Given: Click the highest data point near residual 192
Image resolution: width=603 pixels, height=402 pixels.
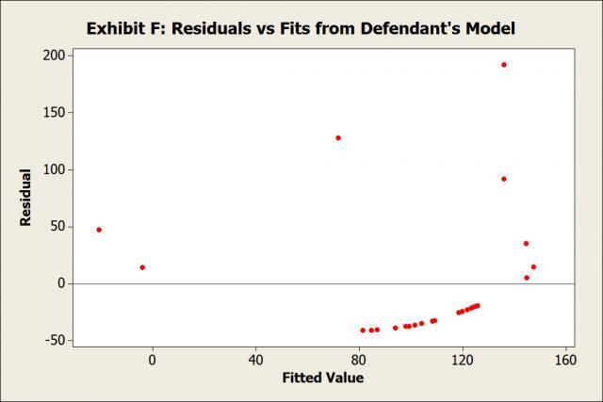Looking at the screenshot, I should (x=504, y=65).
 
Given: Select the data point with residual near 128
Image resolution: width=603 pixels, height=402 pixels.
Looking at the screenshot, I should (x=338, y=137).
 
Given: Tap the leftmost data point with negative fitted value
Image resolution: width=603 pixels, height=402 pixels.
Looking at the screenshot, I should (x=99, y=230).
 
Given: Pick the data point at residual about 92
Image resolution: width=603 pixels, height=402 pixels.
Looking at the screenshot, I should (x=504, y=179).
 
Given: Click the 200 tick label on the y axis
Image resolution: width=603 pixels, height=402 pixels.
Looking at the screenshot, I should (x=53, y=56).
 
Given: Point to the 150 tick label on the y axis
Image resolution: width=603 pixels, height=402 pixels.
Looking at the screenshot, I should (x=53, y=113).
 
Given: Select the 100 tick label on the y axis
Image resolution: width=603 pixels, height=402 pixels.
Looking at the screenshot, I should (x=53, y=170).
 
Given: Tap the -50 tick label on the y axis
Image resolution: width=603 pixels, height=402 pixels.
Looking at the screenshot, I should (x=53, y=340).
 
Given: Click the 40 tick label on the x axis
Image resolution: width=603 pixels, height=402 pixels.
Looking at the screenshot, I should (x=255, y=360).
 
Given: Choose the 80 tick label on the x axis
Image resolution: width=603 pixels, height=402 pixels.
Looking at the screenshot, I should (x=359, y=360).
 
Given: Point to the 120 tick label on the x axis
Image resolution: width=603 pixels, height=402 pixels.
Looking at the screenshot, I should (x=463, y=360).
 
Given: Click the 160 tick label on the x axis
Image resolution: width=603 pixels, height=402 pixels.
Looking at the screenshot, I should (x=565, y=360).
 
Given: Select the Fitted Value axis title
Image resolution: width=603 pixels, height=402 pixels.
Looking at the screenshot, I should (x=322, y=378).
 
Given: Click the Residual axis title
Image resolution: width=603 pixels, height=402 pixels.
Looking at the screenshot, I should (x=25, y=197).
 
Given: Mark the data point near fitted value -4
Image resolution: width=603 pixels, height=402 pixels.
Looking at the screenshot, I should (x=142, y=267).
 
